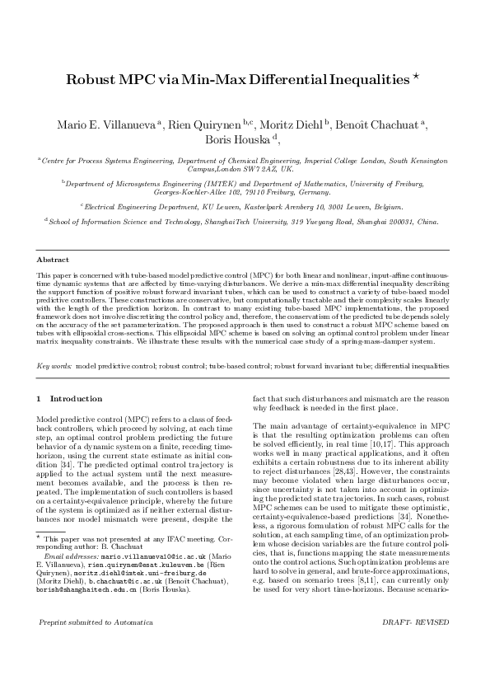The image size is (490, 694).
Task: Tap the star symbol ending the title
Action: [x=418, y=77]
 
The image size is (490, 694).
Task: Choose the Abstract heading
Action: [x=52, y=260]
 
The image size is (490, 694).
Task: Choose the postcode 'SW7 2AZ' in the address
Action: [x=260, y=169]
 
